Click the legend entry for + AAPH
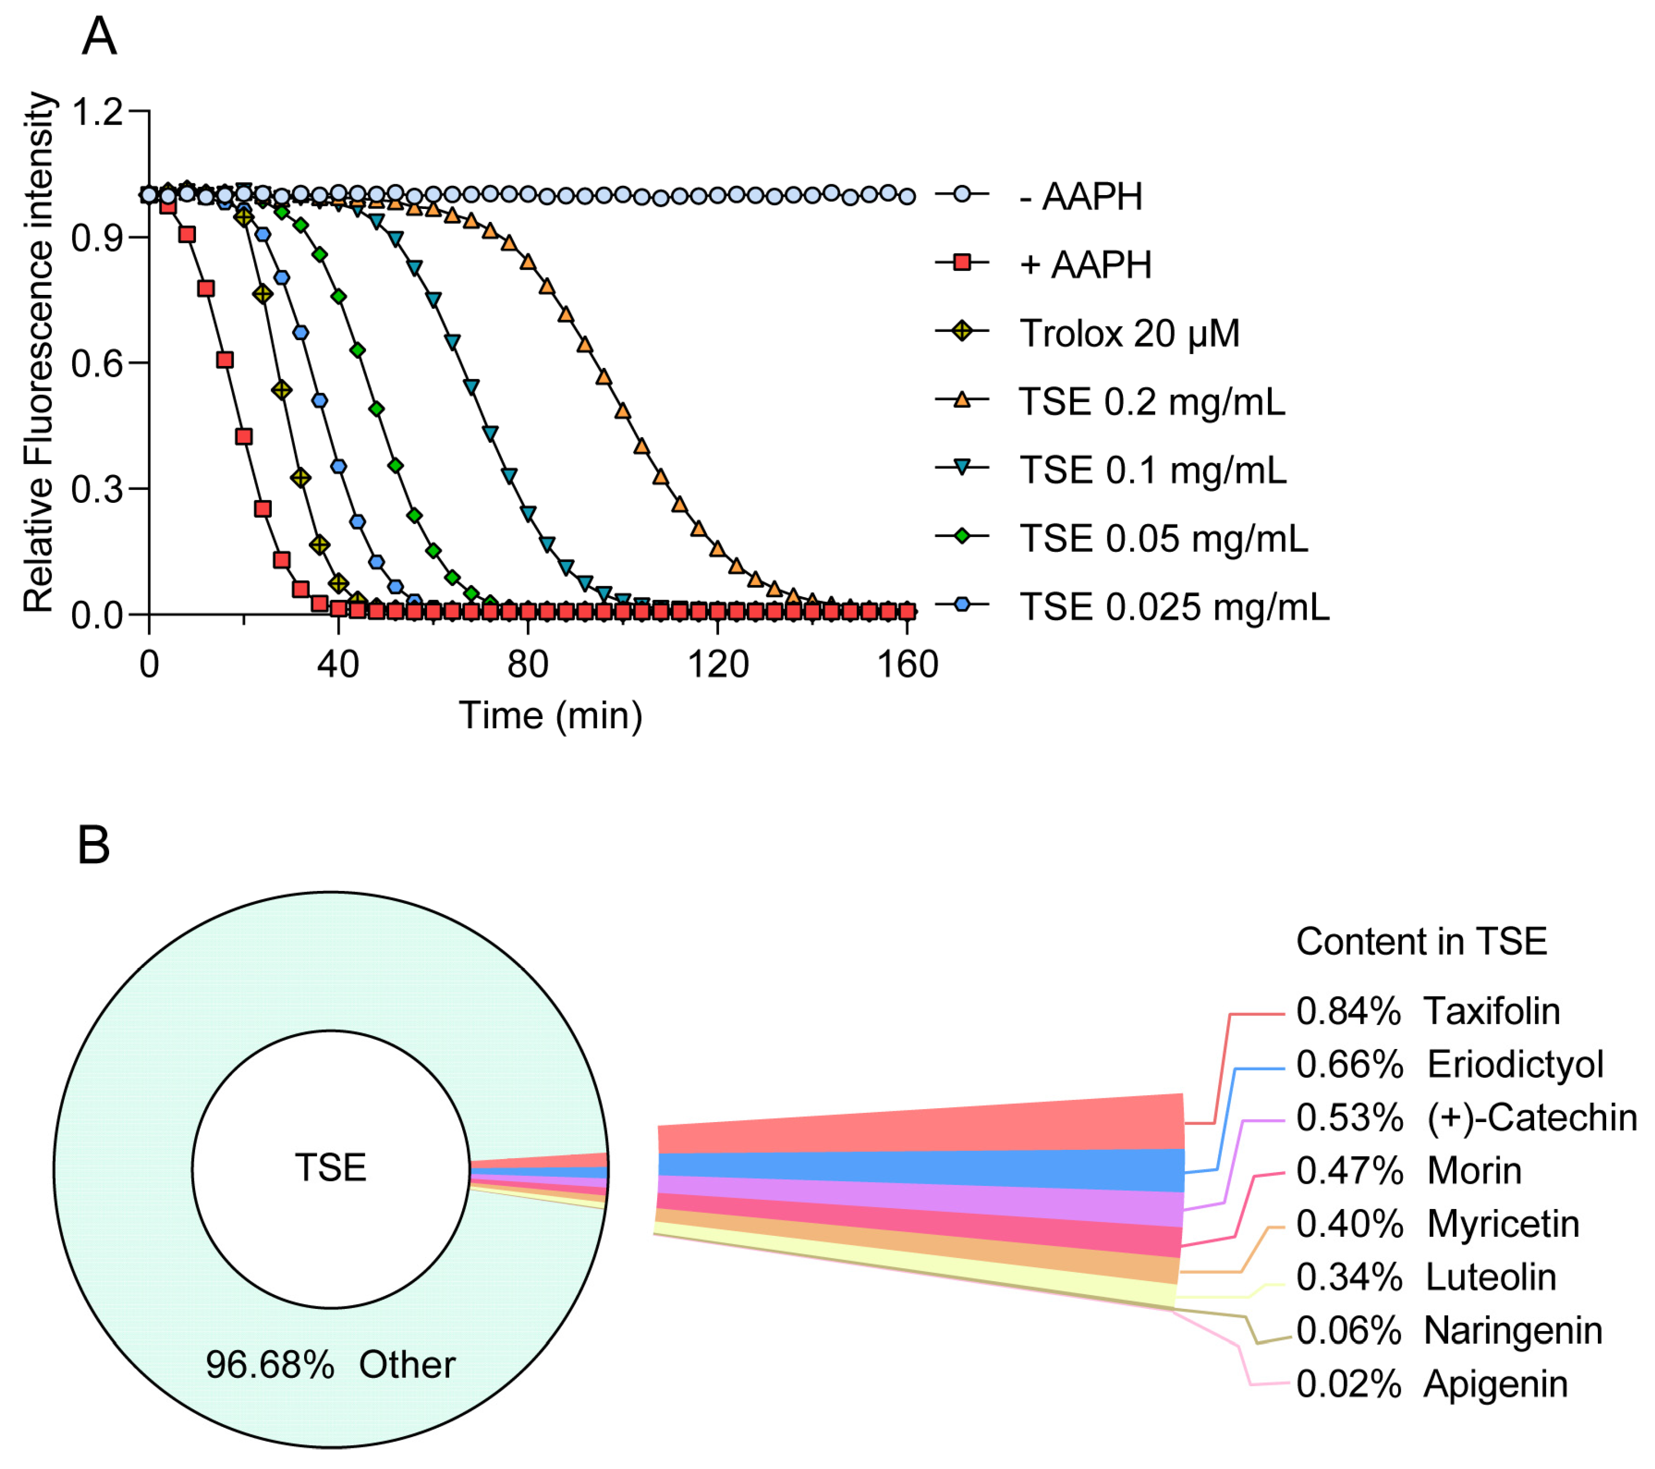pyautogui.click(x=1085, y=265)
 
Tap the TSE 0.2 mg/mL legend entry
pyautogui.click(x=1151, y=401)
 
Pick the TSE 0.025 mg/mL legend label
pyautogui.click(x=1173, y=606)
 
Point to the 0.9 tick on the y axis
pyautogui.click(x=97, y=238)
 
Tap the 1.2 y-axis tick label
pyautogui.click(x=97, y=112)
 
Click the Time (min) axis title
pyautogui.click(x=551, y=715)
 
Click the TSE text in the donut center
pyautogui.click(x=330, y=1168)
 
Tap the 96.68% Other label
pyautogui.click(x=330, y=1365)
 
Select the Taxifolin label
pyautogui.click(x=1491, y=1011)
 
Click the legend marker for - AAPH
pyautogui.click(x=961, y=195)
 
